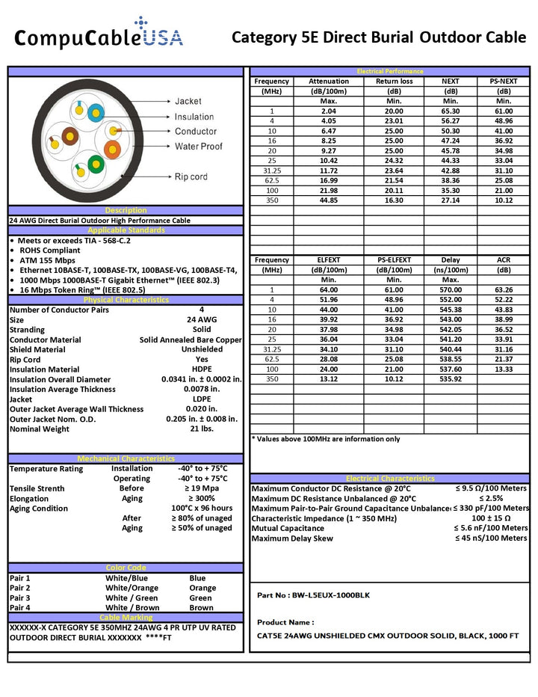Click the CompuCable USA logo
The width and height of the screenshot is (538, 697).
[x=99, y=34]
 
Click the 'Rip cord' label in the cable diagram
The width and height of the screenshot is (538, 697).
[x=191, y=177]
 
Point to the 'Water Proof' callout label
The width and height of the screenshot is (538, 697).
[x=198, y=147]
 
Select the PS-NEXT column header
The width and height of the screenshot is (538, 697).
[x=503, y=82]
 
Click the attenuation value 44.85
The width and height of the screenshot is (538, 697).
[x=328, y=201]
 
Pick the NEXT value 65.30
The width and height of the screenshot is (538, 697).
[x=450, y=111]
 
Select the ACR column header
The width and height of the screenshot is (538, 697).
[x=503, y=260]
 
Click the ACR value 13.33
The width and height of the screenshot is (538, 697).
[x=503, y=369]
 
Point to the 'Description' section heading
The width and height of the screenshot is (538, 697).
[x=126, y=211]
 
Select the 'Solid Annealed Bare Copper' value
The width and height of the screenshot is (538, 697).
[x=191, y=340]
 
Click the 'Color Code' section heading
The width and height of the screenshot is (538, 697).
[x=126, y=568]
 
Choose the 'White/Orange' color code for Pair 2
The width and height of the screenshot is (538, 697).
[x=132, y=588]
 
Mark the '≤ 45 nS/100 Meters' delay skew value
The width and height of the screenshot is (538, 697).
[x=491, y=538]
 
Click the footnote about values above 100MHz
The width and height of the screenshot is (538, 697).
[x=326, y=439]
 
